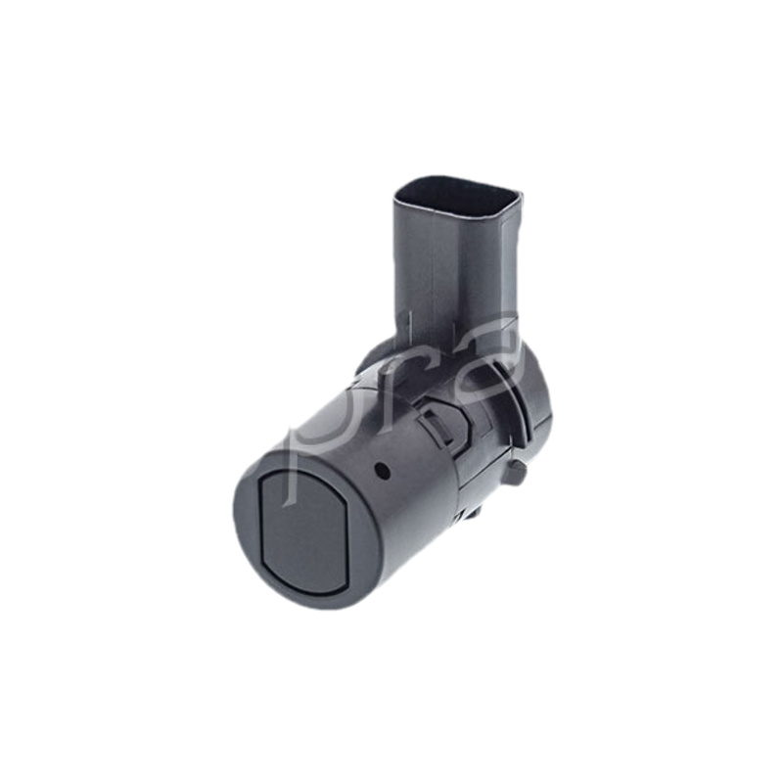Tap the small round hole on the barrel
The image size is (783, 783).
384,470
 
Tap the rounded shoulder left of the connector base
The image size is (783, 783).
377,357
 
